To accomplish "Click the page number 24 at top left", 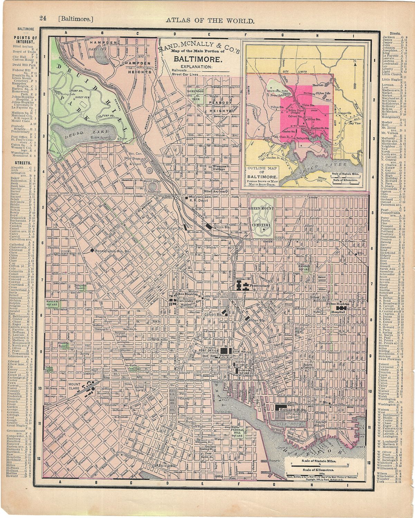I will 43,19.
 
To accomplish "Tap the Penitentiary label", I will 259,286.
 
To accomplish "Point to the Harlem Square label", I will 52,303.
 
